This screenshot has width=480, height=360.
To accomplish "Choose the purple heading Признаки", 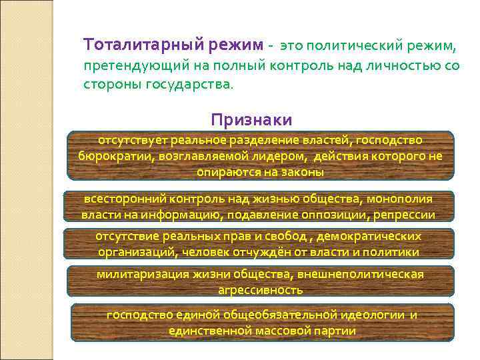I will (x=251, y=119).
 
